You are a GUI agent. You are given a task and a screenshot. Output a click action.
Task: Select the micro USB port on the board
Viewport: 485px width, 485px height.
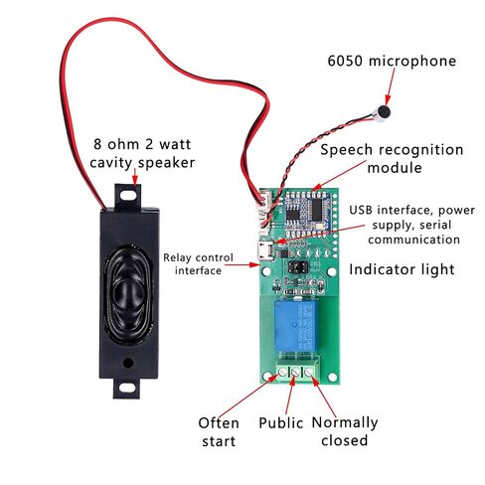tap(265, 250)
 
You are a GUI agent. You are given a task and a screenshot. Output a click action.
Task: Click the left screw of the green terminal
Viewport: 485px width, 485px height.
tap(282, 373)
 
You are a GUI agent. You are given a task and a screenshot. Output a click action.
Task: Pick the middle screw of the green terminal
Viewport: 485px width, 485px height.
tap(295, 373)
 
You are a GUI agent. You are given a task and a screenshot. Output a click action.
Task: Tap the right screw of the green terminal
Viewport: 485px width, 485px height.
tap(308, 373)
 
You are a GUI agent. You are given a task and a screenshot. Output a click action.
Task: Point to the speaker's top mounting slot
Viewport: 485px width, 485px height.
tap(128, 195)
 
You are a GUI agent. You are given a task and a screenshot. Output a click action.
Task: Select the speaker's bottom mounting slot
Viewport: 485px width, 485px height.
tap(127, 388)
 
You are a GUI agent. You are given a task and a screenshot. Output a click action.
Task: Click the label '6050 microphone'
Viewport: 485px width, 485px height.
tap(392, 61)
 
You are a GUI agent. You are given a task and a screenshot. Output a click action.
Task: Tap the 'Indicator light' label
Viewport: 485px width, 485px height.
tap(402, 269)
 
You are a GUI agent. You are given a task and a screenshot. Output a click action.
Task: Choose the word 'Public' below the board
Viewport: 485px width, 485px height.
tap(280, 423)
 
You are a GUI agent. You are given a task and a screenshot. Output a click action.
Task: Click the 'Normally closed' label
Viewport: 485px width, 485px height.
tap(345, 431)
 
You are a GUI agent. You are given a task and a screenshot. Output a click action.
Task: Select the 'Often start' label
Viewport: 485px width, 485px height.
tap(219, 432)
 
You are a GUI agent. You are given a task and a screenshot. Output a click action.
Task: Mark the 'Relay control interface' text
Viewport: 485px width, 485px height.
tap(198, 264)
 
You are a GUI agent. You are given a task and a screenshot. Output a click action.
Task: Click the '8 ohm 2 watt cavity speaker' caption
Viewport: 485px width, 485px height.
tap(142, 153)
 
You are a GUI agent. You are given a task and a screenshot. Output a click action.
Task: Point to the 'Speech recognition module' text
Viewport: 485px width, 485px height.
tap(392, 159)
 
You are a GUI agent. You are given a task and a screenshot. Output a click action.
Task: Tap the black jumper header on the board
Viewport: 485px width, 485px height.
tap(298, 267)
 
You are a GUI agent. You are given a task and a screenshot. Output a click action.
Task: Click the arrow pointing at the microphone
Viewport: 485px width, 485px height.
tap(391, 85)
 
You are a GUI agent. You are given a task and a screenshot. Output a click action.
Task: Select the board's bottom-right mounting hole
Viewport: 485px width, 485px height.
tap(332, 377)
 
